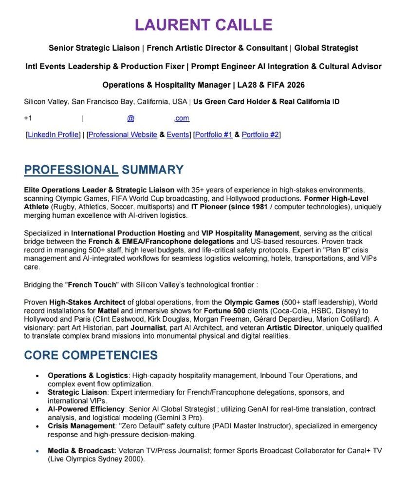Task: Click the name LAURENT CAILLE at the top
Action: (x=203, y=25)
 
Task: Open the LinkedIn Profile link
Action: (x=53, y=134)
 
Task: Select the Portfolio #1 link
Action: (x=214, y=134)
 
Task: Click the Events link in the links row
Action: (x=178, y=134)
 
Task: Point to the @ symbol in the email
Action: (x=130, y=118)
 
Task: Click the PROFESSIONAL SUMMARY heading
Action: (x=104, y=170)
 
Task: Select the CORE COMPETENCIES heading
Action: (x=91, y=355)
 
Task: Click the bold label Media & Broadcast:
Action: (x=82, y=451)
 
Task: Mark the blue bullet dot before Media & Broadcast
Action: (x=37, y=451)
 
